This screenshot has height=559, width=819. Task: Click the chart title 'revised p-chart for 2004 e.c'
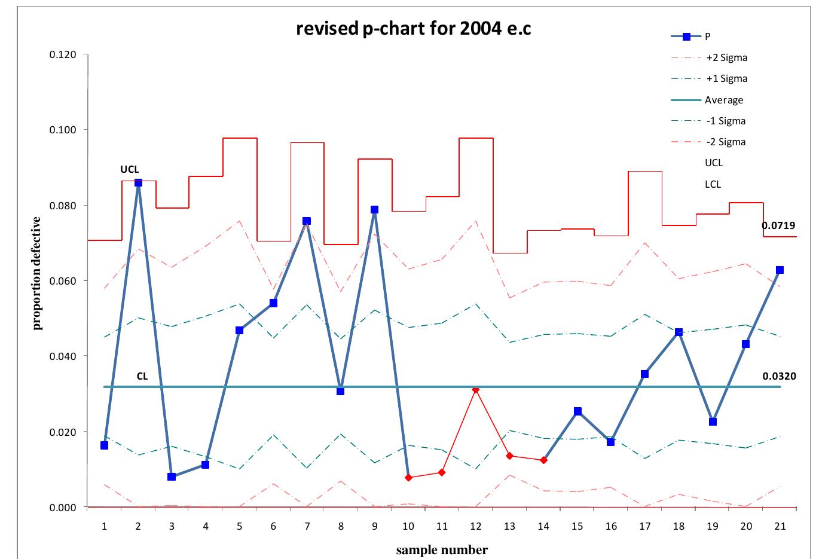tap(413, 29)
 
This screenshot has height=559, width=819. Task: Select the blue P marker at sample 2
tap(138, 182)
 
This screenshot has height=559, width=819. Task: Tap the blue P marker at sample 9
tap(374, 210)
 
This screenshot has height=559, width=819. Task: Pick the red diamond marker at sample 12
tap(475, 389)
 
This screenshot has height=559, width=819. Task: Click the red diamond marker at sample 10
tap(408, 478)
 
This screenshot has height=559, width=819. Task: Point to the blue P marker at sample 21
tap(780, 270)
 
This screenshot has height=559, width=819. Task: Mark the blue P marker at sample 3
tap(172, 476)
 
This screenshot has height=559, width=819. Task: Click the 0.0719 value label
tap(778, 226)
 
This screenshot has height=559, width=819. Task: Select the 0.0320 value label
tap(779, 377)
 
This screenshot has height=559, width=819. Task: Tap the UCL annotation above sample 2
tap(130, 170)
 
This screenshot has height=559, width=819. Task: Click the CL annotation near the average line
tap(142, 377)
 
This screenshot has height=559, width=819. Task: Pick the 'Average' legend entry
tap(723, 100)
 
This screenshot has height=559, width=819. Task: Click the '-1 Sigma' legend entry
tap(726, 121)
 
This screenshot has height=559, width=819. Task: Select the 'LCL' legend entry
tap(713, 184)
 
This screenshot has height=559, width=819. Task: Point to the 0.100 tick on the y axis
tap(62, 130)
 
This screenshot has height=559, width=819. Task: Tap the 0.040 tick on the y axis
tap(62, 356)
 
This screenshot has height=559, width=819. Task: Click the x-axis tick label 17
tap(644, 527)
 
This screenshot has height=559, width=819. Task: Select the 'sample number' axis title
tap(442, 550)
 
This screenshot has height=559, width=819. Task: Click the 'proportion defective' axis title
tap(37, 273)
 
